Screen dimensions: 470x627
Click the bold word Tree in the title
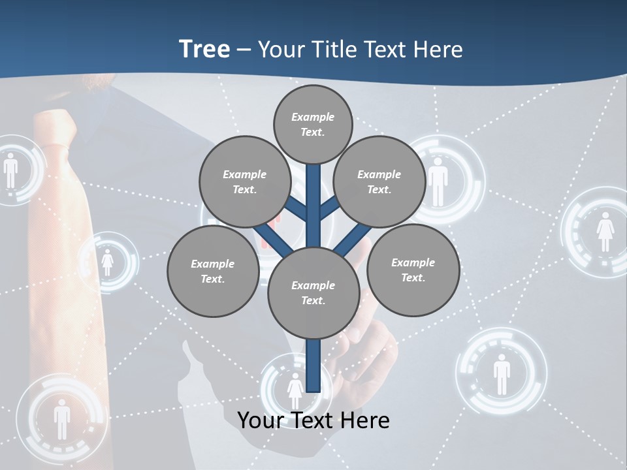click(x=204, y=49)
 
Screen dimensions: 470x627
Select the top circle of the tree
click(x=313, y=124)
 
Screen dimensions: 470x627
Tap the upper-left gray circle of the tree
click(x=244, y=181)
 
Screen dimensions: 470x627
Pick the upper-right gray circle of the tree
click(x=379, y=181)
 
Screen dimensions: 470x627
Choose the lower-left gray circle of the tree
click(x=212, y=271)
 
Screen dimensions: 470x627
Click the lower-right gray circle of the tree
click(x=413, y=270)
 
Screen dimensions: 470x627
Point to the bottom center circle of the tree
click(x=313, y=292)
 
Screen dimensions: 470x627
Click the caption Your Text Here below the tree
click(x=313, y=420)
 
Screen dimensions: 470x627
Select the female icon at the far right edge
click(x=605, y=232)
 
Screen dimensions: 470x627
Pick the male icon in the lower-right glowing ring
click(x=501, y=374)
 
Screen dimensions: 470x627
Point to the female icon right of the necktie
click(x=108, y=262)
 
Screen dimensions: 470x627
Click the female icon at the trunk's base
click(x=295, y=390)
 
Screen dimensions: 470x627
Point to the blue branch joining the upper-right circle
click(x=330, y=207)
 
